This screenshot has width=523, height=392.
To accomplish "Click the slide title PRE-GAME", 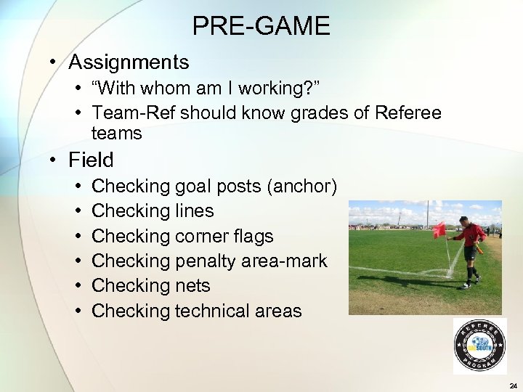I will point(261,27).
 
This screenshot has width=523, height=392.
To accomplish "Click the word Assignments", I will point(129,63).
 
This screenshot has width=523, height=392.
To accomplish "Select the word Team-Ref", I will point(134,113).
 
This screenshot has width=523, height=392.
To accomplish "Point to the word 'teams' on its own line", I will point(117,134).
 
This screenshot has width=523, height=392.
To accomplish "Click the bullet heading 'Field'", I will point(91,159).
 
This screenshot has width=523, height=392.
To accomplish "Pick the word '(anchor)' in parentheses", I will point(302,187).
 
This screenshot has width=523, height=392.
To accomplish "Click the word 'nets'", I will point(192,286).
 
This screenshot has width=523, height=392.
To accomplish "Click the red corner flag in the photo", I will point(439,230).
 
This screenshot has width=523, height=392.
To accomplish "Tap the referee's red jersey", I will point(472,234).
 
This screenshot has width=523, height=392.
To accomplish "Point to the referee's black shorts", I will point(471,252).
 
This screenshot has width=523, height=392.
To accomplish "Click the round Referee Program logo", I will point(479,347).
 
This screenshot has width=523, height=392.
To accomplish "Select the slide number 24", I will point(513,385).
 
